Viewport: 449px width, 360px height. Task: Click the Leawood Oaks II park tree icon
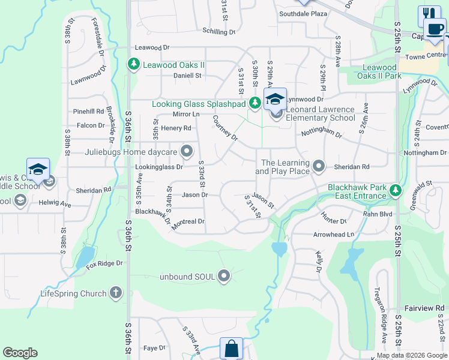pyautogui.click(x=133, y=64)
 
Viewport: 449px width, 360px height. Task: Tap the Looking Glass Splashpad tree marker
pyautogui.click(x=255, y=104)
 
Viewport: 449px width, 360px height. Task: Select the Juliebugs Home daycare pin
pyautogui.click(x=187, y=151)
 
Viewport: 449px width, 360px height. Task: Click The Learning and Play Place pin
pyautogui.click(x=319, y=166)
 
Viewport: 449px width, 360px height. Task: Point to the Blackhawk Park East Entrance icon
pyautogui.click(x=395, y=191)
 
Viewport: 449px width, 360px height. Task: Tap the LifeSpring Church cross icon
pyautogui.click(x=116, y=293)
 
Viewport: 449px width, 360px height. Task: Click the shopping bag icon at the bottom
pyautogui.click(x=231, y=348)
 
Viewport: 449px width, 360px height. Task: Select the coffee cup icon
pyautogui.click(x=435, y=28)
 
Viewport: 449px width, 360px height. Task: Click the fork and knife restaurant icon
pyautogui.click(x=429, y=14)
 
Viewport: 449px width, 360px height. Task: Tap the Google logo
pyautogui.click(x=20, y=353)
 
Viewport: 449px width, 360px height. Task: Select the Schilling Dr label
pyautogui.click(x=219, y=32)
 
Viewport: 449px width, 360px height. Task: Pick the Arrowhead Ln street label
pyautogui.click(x=334, y=235)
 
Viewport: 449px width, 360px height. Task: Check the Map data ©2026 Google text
pyautogui.click(x=411, y=355)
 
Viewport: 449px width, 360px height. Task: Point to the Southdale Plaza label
pyautogui.click(x=302, y=13)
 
